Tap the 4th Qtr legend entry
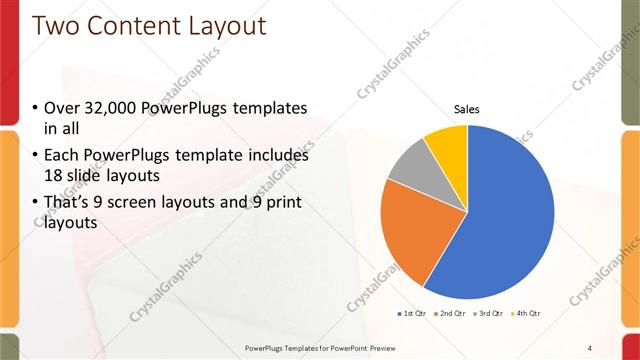[527, 314]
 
